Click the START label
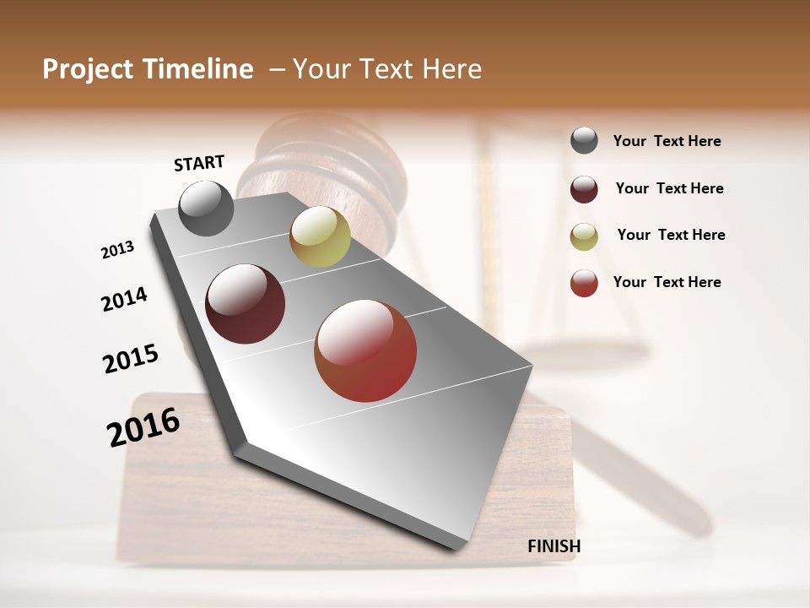[199, 163]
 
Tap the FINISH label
[553, 546]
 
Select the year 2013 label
[117, 249]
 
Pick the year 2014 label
[124, 299]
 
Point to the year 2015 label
[131, 358]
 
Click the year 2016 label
[143, 426]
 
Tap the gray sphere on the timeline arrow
[206, 208]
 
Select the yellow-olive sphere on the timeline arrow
[320, 236]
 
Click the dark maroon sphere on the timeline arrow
[246, 304]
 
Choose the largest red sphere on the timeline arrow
[365, 350]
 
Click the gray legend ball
[584, 140]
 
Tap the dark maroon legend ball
[584, 189]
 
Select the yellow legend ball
[584, 236]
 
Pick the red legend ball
[584, 283]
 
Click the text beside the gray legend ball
[667, 141]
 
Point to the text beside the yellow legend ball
[671, 235]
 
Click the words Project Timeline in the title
[148, 69]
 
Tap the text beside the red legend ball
[667, 282]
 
